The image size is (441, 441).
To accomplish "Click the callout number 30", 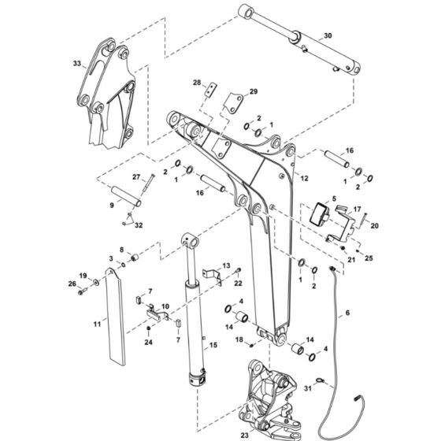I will [328, 36].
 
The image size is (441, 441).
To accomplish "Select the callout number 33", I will [76, 62].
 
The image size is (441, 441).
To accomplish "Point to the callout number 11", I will [97, 324].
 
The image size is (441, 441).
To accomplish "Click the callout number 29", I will [254, 92].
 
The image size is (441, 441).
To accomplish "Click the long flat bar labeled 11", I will [114, 315].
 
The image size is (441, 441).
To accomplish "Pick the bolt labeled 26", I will [81, 291].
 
